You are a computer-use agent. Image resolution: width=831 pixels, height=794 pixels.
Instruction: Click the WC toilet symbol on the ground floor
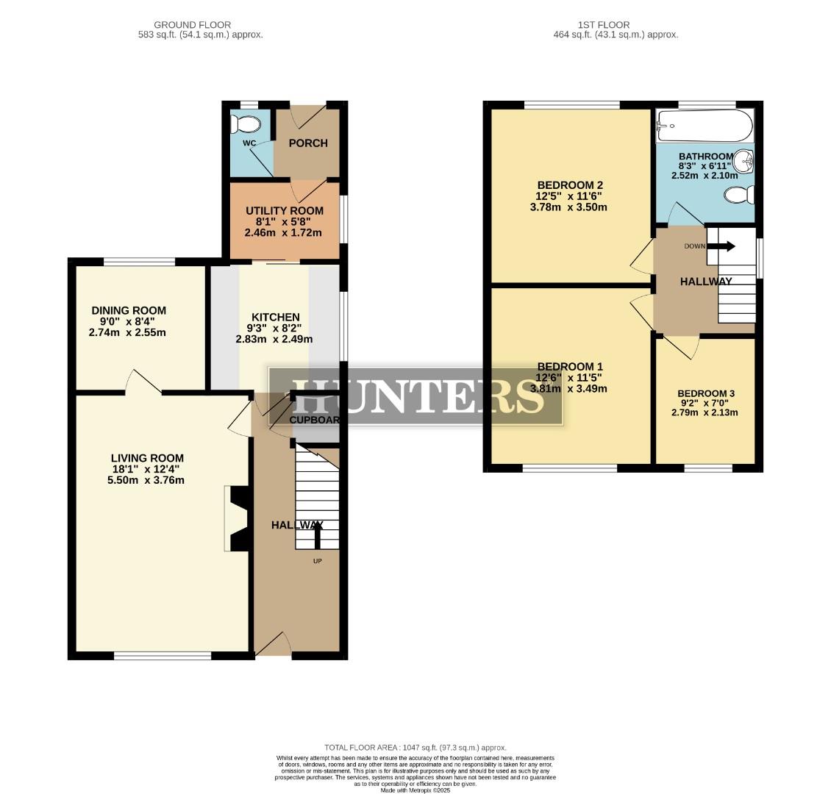247,123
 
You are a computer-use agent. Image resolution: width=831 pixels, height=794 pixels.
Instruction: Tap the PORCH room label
308,143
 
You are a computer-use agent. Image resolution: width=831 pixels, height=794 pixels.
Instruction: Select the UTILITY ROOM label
284,211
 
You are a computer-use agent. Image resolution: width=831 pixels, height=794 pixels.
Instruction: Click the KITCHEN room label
274,317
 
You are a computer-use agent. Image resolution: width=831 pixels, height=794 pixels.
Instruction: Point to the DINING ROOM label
129,310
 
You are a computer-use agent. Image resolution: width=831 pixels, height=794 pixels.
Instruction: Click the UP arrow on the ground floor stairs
318,536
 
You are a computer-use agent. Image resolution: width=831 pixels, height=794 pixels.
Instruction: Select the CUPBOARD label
315,421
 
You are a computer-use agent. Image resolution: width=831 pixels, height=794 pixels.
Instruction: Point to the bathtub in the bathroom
705,126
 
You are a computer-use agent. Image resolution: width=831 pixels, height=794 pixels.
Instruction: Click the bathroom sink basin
746,160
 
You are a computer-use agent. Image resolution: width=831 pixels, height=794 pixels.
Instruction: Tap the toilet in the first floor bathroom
740,195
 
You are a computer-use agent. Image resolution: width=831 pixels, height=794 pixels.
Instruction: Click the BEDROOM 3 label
705,393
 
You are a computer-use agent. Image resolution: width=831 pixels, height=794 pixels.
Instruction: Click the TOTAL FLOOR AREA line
415,748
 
